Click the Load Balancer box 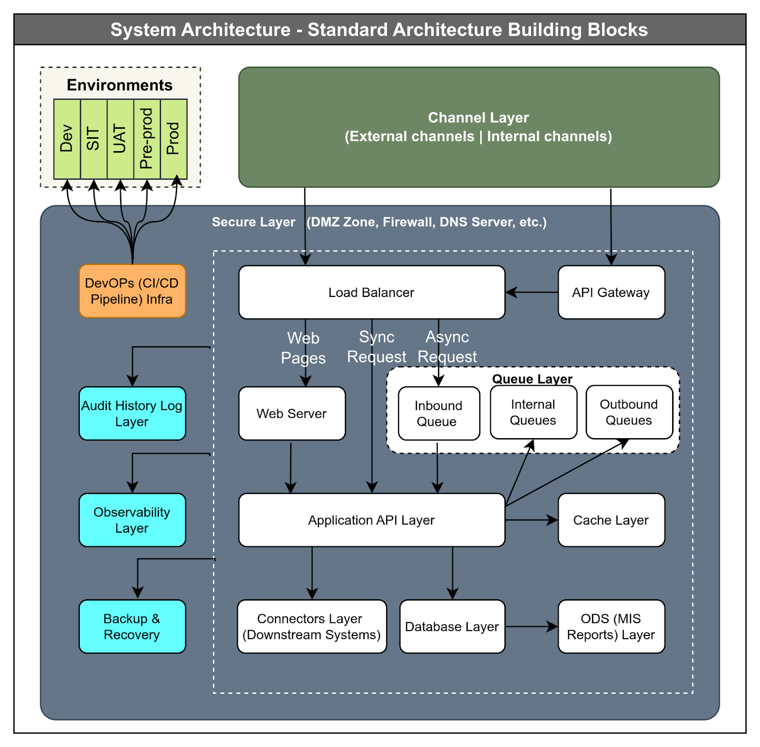[371, 292]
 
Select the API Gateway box [611, 292]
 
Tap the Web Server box [292, 413]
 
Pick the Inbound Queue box [439, 413]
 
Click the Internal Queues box [533, 412]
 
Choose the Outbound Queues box [629, 412]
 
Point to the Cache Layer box [611, 520]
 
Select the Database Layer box [452, 626]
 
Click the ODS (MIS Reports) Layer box [611, 626]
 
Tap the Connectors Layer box [312, 626]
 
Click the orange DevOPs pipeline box [132, 291]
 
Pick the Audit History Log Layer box [132, 413]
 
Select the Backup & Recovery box [132, 626]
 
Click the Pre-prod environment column [147, 139]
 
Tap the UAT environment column [121, 139]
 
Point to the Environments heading [120, 85]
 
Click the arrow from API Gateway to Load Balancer [532, 292]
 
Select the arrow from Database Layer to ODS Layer [532, 626]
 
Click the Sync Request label [377, 347]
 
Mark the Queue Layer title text [532, 379]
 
